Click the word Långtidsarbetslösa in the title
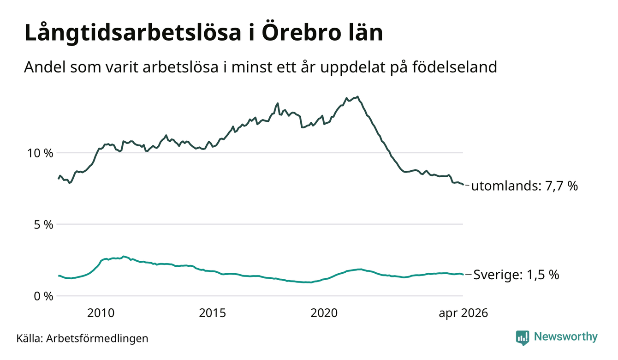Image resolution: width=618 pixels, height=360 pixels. click(133, 33)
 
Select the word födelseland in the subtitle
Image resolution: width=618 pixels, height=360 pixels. click(455, 66)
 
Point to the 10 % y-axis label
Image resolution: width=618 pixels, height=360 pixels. click(40, 153)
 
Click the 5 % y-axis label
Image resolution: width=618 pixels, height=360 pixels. click(43, 225)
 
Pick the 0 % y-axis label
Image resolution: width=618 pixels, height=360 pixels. click(43, 296)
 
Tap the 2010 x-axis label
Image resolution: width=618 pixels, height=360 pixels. click(101, 313)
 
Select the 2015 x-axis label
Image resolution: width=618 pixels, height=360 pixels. click(213, 313)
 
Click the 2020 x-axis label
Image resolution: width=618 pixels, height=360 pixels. click(324, 313)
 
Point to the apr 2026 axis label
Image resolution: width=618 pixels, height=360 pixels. click(463, 313)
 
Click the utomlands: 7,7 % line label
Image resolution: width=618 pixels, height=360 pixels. click(524, 186)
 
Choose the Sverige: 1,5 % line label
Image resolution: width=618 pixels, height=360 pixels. click(516, 275)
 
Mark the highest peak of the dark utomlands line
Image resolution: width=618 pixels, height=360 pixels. click(358, 96)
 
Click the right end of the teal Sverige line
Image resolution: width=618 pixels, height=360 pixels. click(463, 275)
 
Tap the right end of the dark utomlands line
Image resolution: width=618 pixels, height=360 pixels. click(463, 185)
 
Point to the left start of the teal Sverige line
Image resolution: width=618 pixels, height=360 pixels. click(59, 276)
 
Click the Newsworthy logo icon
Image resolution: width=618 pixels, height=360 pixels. click(523, 338)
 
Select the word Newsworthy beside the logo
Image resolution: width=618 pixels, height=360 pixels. click(565, 337)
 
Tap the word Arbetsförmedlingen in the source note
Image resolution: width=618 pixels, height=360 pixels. click(97, 339)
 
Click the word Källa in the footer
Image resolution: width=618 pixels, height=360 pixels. click(29, 338)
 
